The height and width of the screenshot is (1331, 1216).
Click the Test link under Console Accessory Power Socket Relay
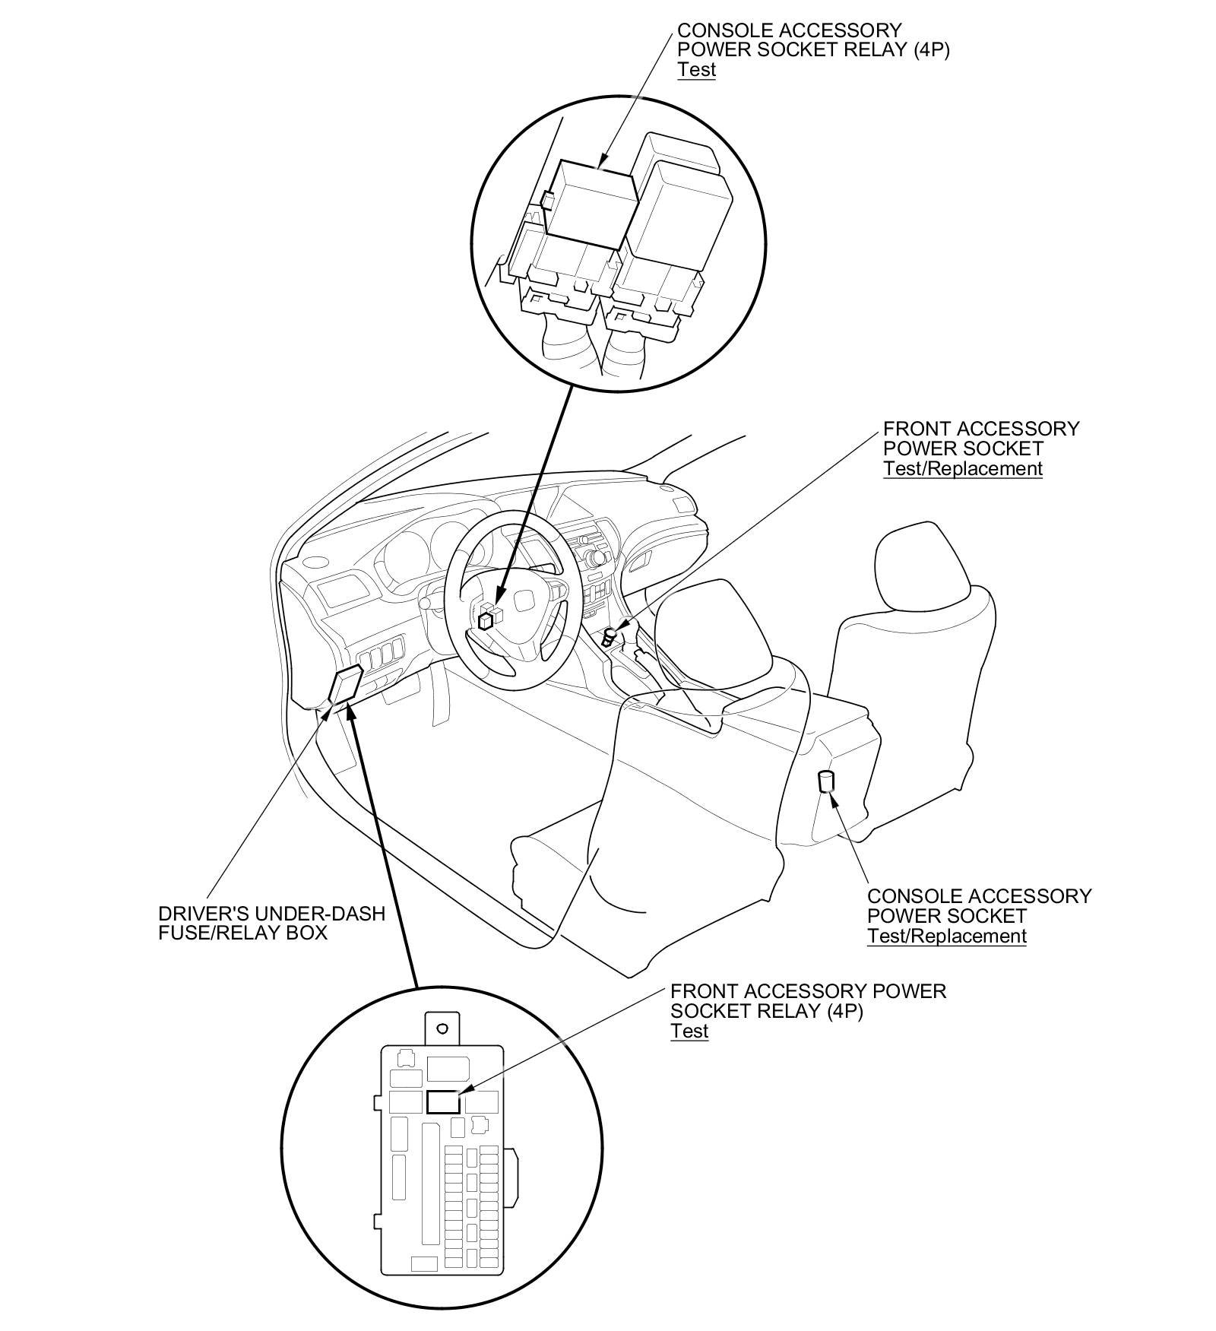(696, 70)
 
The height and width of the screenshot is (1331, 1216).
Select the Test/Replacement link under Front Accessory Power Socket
(962, 468)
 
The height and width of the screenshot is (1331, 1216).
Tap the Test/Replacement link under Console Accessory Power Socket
(946, 936)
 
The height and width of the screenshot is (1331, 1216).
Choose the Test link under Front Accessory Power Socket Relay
(689, 1031)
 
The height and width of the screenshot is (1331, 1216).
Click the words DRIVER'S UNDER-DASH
(271, 913)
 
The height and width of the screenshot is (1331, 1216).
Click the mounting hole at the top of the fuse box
(442, 1028)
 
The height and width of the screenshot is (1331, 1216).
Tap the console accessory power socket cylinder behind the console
(825, 781)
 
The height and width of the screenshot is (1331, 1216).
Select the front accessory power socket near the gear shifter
(610, 635)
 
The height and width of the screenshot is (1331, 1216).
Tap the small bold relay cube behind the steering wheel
(486, 620)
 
